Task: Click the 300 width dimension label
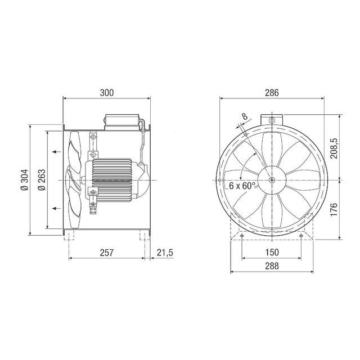point(107,93)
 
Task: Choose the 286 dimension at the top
point(272,93)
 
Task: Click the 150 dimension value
point(272,253)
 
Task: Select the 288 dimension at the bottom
point(272,266)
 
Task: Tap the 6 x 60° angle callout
point(242,185)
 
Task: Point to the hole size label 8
point(244,117)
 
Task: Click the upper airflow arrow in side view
point(55,151)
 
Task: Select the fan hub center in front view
point(272,180)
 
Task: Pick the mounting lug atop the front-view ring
point(272,119)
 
